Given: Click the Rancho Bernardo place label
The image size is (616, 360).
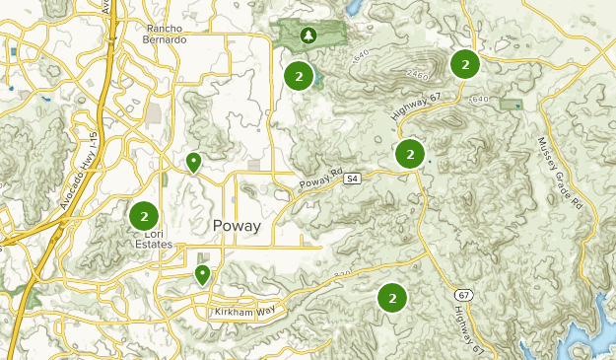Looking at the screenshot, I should pos(166,35).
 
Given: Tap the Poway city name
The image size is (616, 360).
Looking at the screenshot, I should pos(237,226).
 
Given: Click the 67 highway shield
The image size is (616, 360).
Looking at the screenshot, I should pos(464,295).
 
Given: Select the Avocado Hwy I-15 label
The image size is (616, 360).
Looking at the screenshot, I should pos(80,178).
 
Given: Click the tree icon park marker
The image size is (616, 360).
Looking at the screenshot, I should pos(308,36).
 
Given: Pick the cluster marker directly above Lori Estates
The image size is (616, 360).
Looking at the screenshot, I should pos(144,215).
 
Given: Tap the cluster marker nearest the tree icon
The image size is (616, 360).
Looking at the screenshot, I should pos(298,75).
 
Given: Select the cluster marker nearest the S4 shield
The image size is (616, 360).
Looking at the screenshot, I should pos(410,154).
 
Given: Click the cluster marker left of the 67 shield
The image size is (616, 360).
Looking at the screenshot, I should pos(392,296).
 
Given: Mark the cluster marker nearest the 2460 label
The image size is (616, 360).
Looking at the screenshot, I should pos(464,64).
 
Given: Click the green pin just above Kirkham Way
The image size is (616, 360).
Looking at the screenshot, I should pos(202,274).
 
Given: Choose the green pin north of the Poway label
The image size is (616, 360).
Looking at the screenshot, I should pos(194,162).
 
